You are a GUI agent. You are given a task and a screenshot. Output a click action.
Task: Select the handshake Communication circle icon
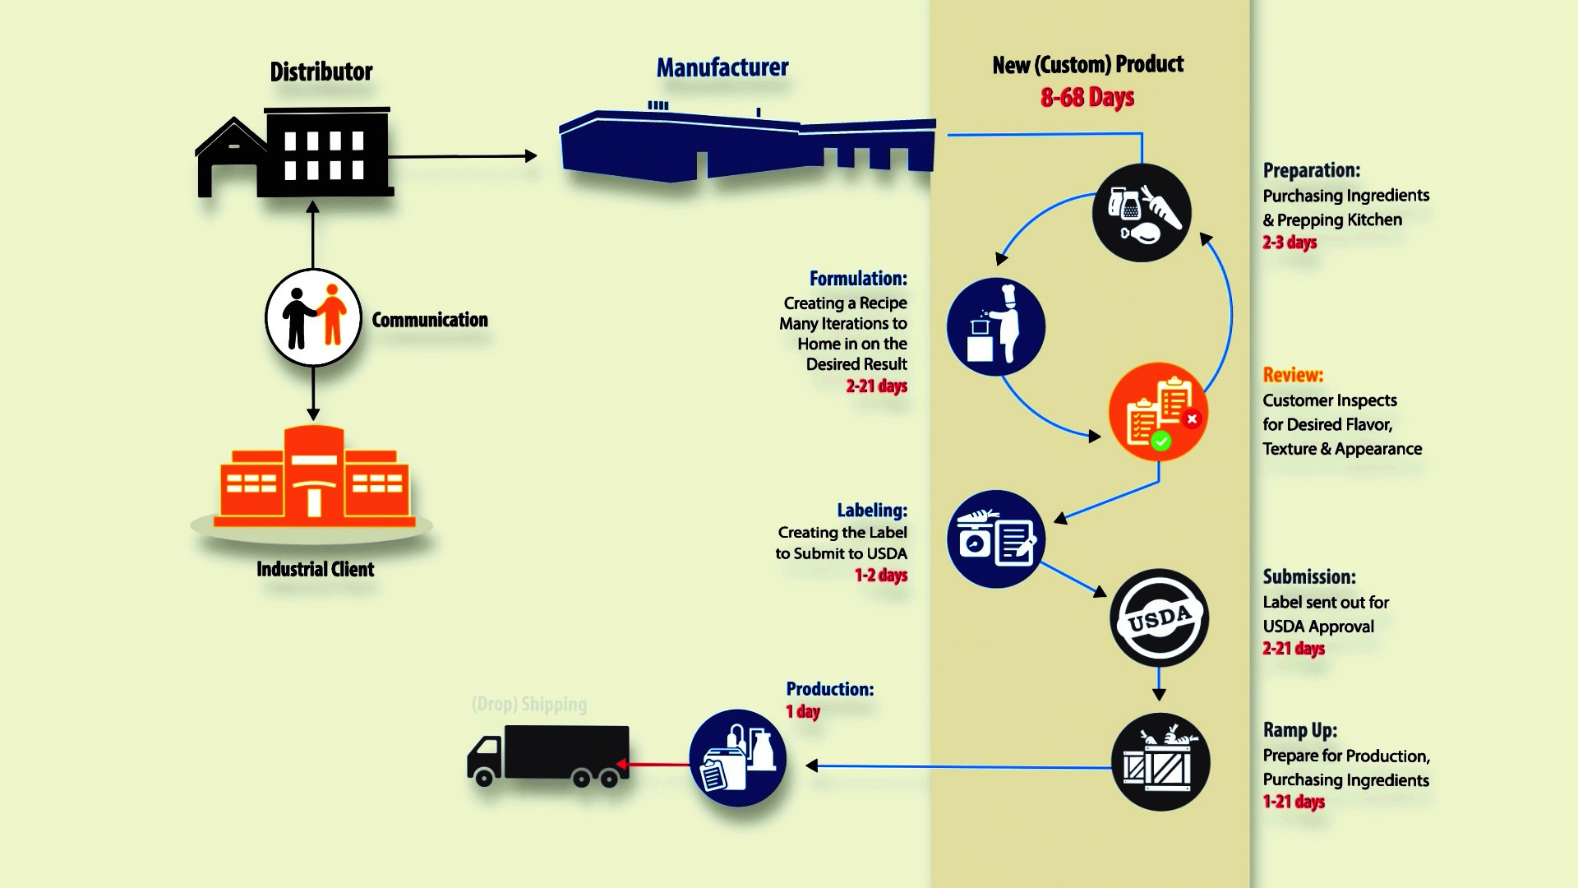[x=313, y=317]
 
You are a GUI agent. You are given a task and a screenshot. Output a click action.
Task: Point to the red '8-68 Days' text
[x=1087, y=98]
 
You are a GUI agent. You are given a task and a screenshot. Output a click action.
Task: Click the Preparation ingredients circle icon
[x=1142, y=213]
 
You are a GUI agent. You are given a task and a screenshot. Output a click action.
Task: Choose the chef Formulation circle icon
[x=995, y=327]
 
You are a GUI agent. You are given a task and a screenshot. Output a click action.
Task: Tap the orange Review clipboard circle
[x=1158, y=412]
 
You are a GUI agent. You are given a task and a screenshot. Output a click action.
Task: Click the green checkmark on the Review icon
[x=1160, y=442]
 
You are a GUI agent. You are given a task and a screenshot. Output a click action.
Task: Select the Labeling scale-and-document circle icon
[x=995, y=539]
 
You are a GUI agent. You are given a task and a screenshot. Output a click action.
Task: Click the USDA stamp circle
[x=1159, y=617]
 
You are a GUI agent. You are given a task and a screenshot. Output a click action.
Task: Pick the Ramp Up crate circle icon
[x=1160, y=762]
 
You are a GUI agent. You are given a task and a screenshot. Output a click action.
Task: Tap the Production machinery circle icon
[x=737, y=758]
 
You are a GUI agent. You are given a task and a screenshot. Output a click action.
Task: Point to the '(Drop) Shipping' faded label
[x=529, y=705]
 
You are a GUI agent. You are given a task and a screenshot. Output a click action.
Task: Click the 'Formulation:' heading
[x=858, y=279]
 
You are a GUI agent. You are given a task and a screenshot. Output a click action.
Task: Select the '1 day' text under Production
[x=803, y=712]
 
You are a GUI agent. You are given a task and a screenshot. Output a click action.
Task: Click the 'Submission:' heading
[x=1309, y=577]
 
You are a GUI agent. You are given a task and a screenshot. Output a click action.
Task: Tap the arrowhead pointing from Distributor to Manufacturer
[x=531, y=155]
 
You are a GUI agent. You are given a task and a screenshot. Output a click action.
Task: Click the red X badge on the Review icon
[x=1192, y=419]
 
